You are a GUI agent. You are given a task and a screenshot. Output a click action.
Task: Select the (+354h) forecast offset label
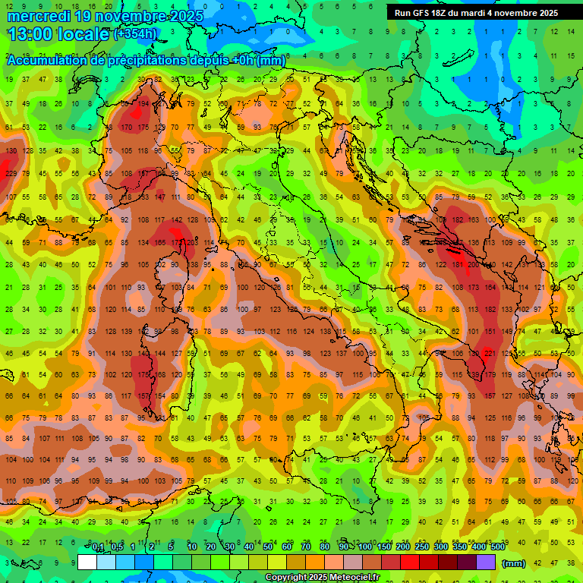136,33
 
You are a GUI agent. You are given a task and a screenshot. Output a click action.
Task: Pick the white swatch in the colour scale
87,563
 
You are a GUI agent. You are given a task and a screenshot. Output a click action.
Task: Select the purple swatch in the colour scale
486,563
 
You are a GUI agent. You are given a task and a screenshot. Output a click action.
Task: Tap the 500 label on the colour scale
497,547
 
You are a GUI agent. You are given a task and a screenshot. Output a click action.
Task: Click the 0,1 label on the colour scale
98,547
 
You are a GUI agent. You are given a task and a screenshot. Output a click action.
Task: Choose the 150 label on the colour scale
383,547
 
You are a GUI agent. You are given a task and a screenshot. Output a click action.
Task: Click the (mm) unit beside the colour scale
514,563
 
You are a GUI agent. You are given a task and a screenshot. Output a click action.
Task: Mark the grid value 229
11,173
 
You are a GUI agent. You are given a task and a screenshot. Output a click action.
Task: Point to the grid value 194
143,103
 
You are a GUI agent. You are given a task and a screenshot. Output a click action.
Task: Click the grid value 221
490,354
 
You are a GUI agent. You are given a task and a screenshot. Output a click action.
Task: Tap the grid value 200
474,265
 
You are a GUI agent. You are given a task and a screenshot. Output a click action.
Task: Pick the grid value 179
490,375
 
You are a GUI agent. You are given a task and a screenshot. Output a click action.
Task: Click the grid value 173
474,288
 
